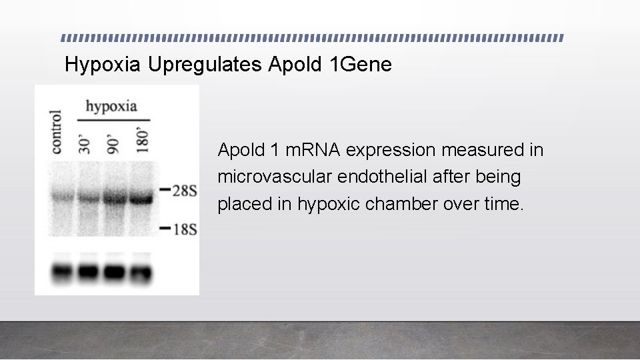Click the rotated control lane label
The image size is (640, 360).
[57, 133]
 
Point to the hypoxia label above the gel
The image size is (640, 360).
[111, 106]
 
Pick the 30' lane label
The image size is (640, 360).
[85, 142]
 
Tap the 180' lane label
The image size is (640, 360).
[141, 138]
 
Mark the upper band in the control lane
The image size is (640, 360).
[63, 197]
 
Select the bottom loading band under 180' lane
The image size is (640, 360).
[140, 272]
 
